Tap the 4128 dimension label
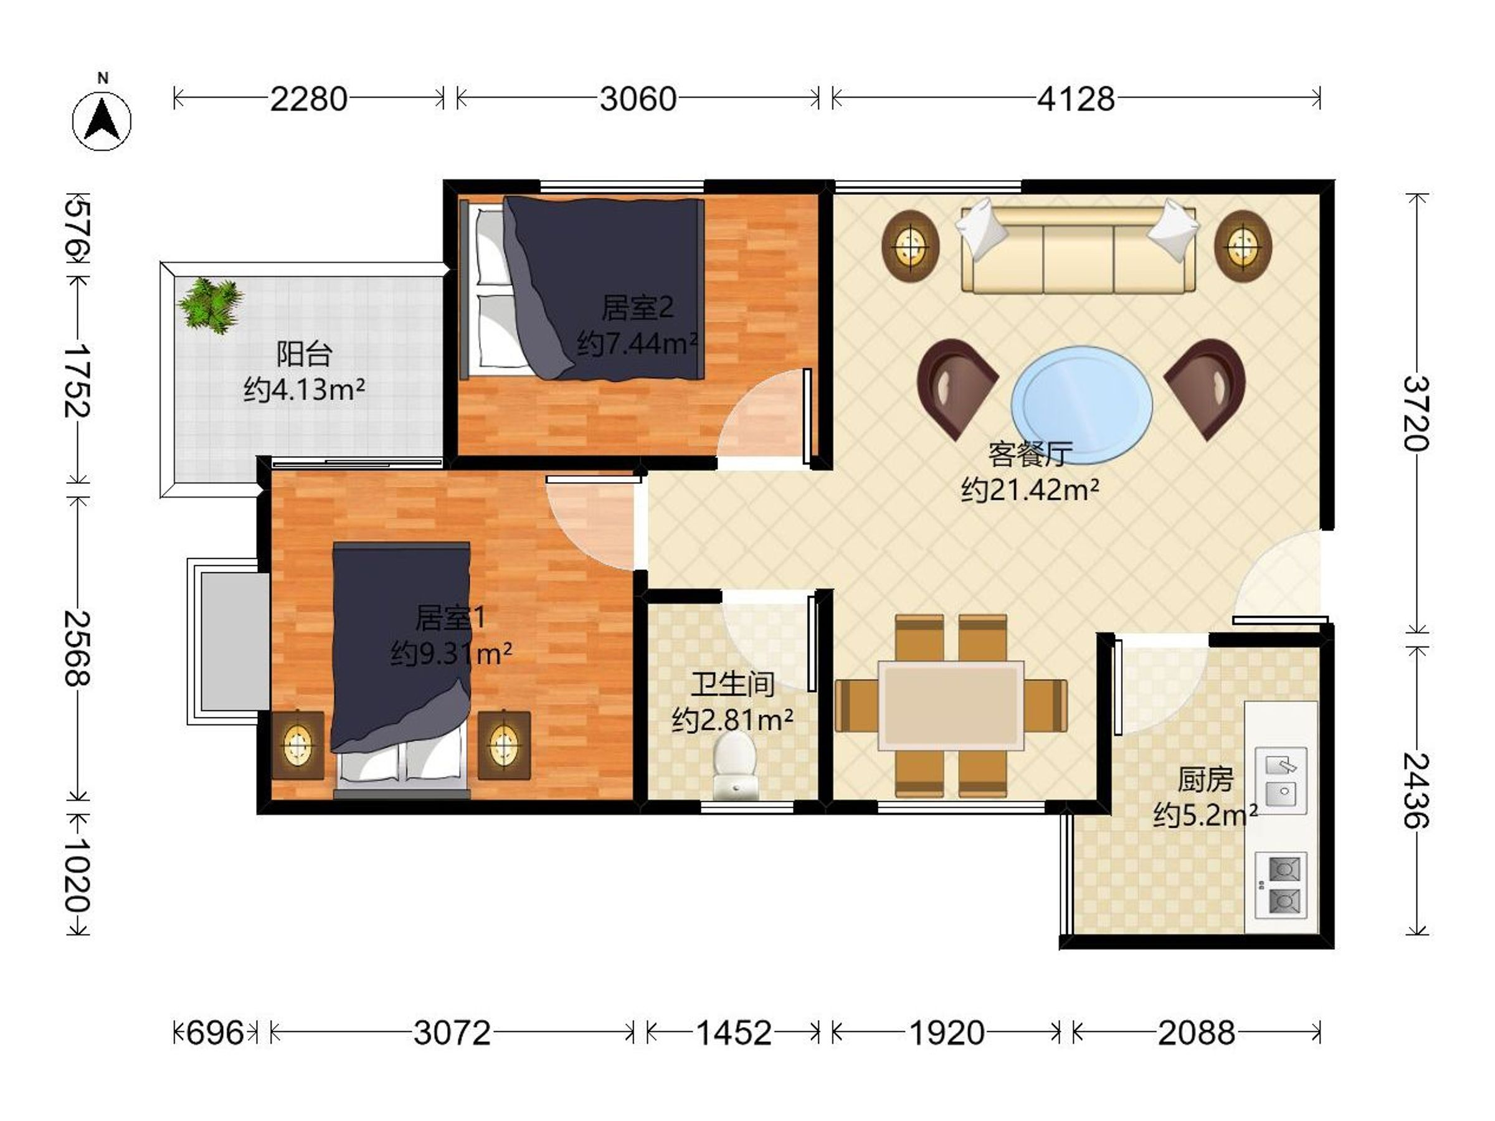tap(1076, 99)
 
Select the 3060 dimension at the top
tap(638, 99)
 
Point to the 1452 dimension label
tap(734, 1033)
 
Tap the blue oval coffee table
tap(1082, 404)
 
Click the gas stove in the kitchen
tap(1281, 885)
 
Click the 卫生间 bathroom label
tap(733, 684)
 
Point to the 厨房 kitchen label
tap(1205, 780)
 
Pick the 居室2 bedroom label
tap(637, 308)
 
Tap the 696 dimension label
tap(215, 1033)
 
